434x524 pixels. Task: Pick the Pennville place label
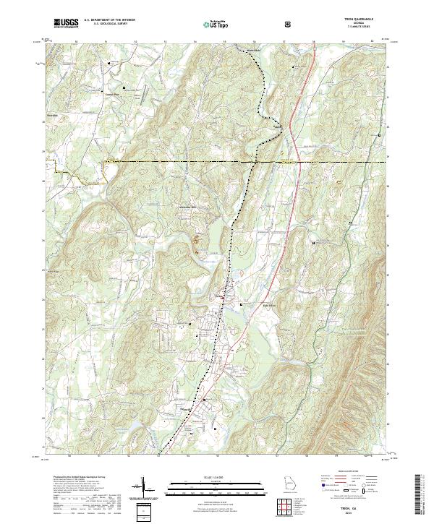[186, 409]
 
